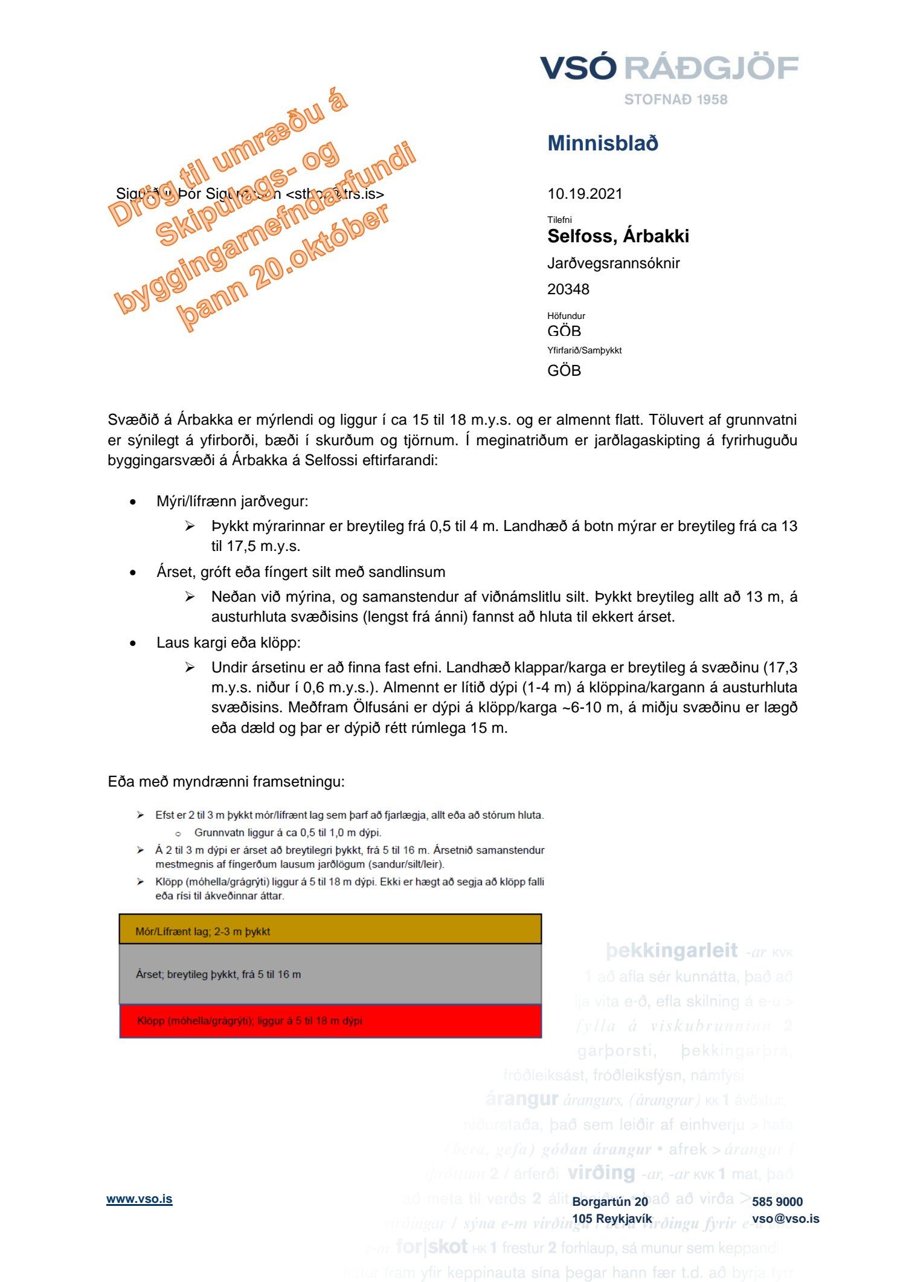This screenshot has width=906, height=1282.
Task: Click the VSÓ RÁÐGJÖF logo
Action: coord(669,68)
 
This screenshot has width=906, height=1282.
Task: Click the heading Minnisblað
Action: coord(602,143)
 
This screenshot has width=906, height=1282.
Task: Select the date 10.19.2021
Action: coord(584,194)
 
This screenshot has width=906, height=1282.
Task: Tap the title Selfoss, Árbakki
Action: coord(617,236)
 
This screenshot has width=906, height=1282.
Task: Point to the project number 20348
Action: coord(568,289)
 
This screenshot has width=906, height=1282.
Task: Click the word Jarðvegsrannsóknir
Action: coord(613,263)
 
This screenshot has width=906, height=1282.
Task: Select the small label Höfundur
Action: coord(566,315)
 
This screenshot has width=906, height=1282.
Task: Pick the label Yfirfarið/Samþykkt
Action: coord(584,350)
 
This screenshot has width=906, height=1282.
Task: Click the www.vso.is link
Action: coord(140,1199)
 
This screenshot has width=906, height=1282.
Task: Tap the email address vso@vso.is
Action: coord(785,1219)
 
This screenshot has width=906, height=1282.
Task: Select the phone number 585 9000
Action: coord(777,1202)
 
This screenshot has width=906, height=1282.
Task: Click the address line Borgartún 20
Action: coord(610,1202)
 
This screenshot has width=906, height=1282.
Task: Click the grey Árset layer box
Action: coord(330,974)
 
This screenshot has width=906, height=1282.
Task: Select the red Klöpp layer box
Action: coord(330,1020)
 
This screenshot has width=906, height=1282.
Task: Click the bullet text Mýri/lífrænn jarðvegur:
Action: coord(232,501)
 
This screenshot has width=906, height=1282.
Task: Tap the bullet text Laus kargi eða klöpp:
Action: coord(228,643)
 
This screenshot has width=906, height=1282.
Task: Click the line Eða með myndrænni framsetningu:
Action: coord(226,782)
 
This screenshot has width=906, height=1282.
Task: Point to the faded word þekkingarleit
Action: coord(671,951)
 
